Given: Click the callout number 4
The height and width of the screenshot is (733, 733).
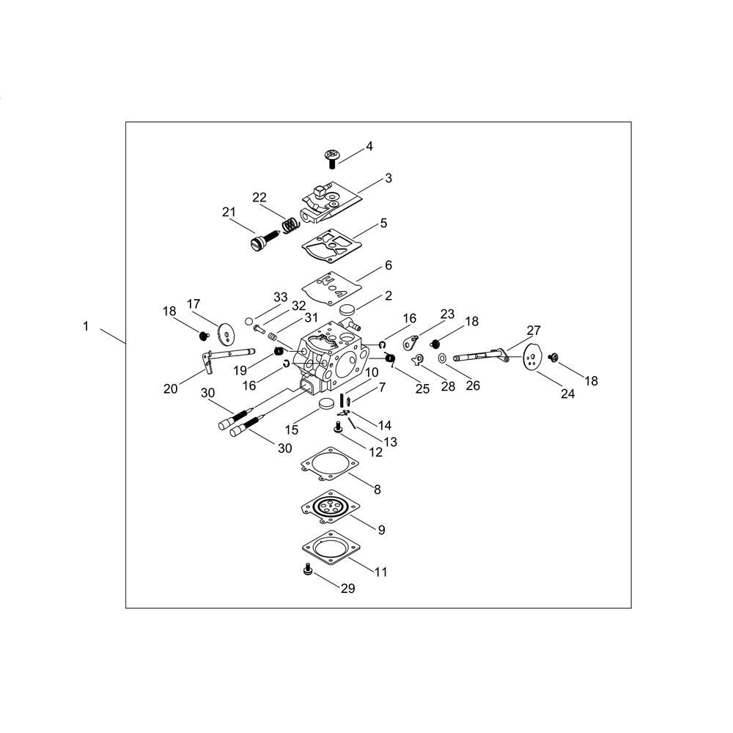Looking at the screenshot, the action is pos(369,147).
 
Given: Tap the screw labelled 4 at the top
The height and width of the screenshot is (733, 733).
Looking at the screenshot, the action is pos(332,158).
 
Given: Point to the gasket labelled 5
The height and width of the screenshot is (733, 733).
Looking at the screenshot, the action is pos(332,246).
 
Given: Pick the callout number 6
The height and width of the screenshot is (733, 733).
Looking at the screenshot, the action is pos(388,265).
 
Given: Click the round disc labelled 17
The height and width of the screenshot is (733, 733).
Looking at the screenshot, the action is pos(227,332).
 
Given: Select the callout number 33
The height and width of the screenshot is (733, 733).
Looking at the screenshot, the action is pos(280,298).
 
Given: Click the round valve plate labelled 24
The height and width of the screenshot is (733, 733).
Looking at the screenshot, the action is pos(531,358).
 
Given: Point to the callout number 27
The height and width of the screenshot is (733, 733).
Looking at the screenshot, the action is pos(534,331).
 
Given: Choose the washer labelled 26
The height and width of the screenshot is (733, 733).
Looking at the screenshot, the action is pos(442,358).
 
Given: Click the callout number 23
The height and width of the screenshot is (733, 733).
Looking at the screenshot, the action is pos(447,314).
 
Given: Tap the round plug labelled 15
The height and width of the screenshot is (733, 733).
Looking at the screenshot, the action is pos(326,403).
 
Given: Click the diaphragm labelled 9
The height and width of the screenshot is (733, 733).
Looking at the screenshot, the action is pos(331,507).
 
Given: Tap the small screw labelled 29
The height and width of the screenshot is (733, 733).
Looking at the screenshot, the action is pos(308,570).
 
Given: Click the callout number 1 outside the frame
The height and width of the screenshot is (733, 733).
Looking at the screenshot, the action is pos(86,326).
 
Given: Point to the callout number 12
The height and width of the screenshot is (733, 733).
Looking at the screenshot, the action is pos(375,452).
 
